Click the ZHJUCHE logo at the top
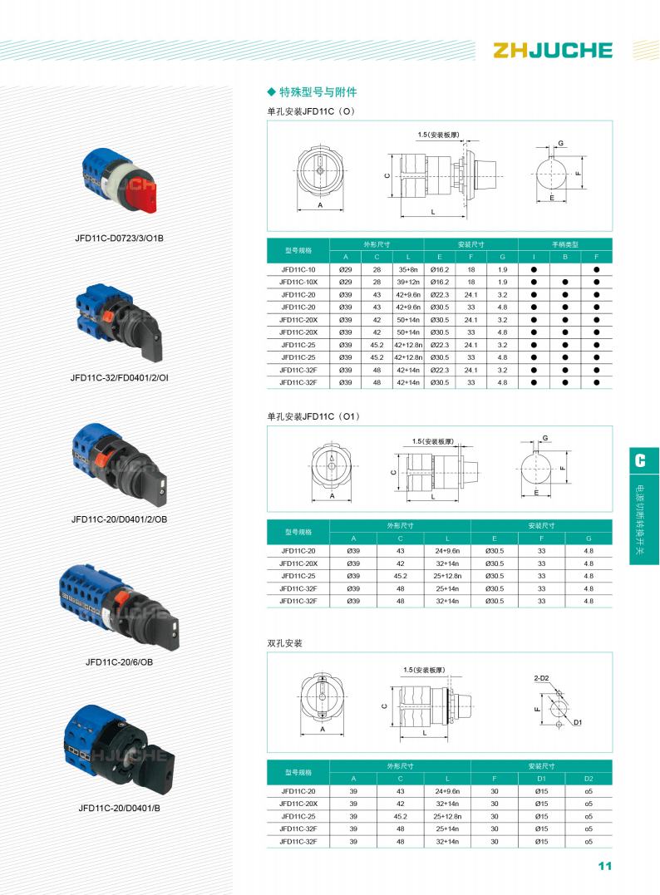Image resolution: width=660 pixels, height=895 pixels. point(553,50)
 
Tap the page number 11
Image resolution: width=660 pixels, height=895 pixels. point(604,866)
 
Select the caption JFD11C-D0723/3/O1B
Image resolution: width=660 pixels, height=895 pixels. point(120,238)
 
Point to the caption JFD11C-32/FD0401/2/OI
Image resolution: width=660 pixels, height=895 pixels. point(120,377)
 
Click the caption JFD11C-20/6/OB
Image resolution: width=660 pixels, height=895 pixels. point(120,662)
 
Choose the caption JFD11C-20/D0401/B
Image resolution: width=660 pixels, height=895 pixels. point(120,808)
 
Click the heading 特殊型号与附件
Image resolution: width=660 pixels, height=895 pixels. point(318,92)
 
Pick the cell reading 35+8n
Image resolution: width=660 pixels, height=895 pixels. point(408,269)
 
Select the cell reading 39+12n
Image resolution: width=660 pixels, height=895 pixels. point(408,282)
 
